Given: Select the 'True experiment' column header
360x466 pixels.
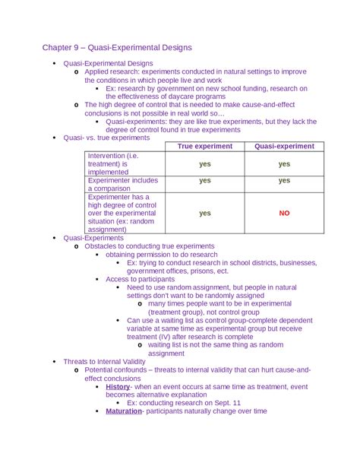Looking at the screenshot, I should click(205, 146).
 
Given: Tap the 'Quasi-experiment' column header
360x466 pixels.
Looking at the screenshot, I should click(284, 146).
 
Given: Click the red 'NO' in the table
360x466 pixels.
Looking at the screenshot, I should click(284, 214).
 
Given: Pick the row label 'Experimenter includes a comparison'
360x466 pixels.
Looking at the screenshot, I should click(122, 185).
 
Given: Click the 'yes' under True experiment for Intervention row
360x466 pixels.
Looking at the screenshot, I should click(205, 163).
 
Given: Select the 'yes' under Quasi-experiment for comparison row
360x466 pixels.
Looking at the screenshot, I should click(284, 181).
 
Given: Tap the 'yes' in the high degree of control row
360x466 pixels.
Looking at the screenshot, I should click(205, 214).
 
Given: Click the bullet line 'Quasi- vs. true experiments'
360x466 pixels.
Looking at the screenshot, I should click(106, 138).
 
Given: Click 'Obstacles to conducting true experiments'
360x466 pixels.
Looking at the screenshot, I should click(149, 246).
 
